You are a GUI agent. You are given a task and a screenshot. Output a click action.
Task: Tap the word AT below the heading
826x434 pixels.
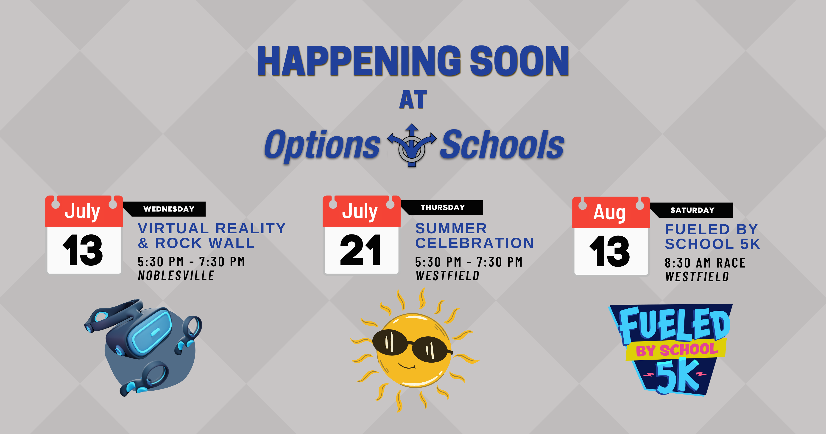(x=413, y=100)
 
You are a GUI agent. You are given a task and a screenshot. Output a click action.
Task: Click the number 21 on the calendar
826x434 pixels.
(x=360, y=250)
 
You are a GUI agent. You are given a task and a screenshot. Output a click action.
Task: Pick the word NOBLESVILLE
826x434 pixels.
(x=176, y=275)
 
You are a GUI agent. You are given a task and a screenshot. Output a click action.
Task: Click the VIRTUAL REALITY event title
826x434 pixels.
(x=212, y=228)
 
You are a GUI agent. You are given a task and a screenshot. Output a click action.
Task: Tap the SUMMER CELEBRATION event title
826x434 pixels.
(x=474, y=236)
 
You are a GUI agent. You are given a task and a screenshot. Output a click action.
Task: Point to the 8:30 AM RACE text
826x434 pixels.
(x=705, y=263)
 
